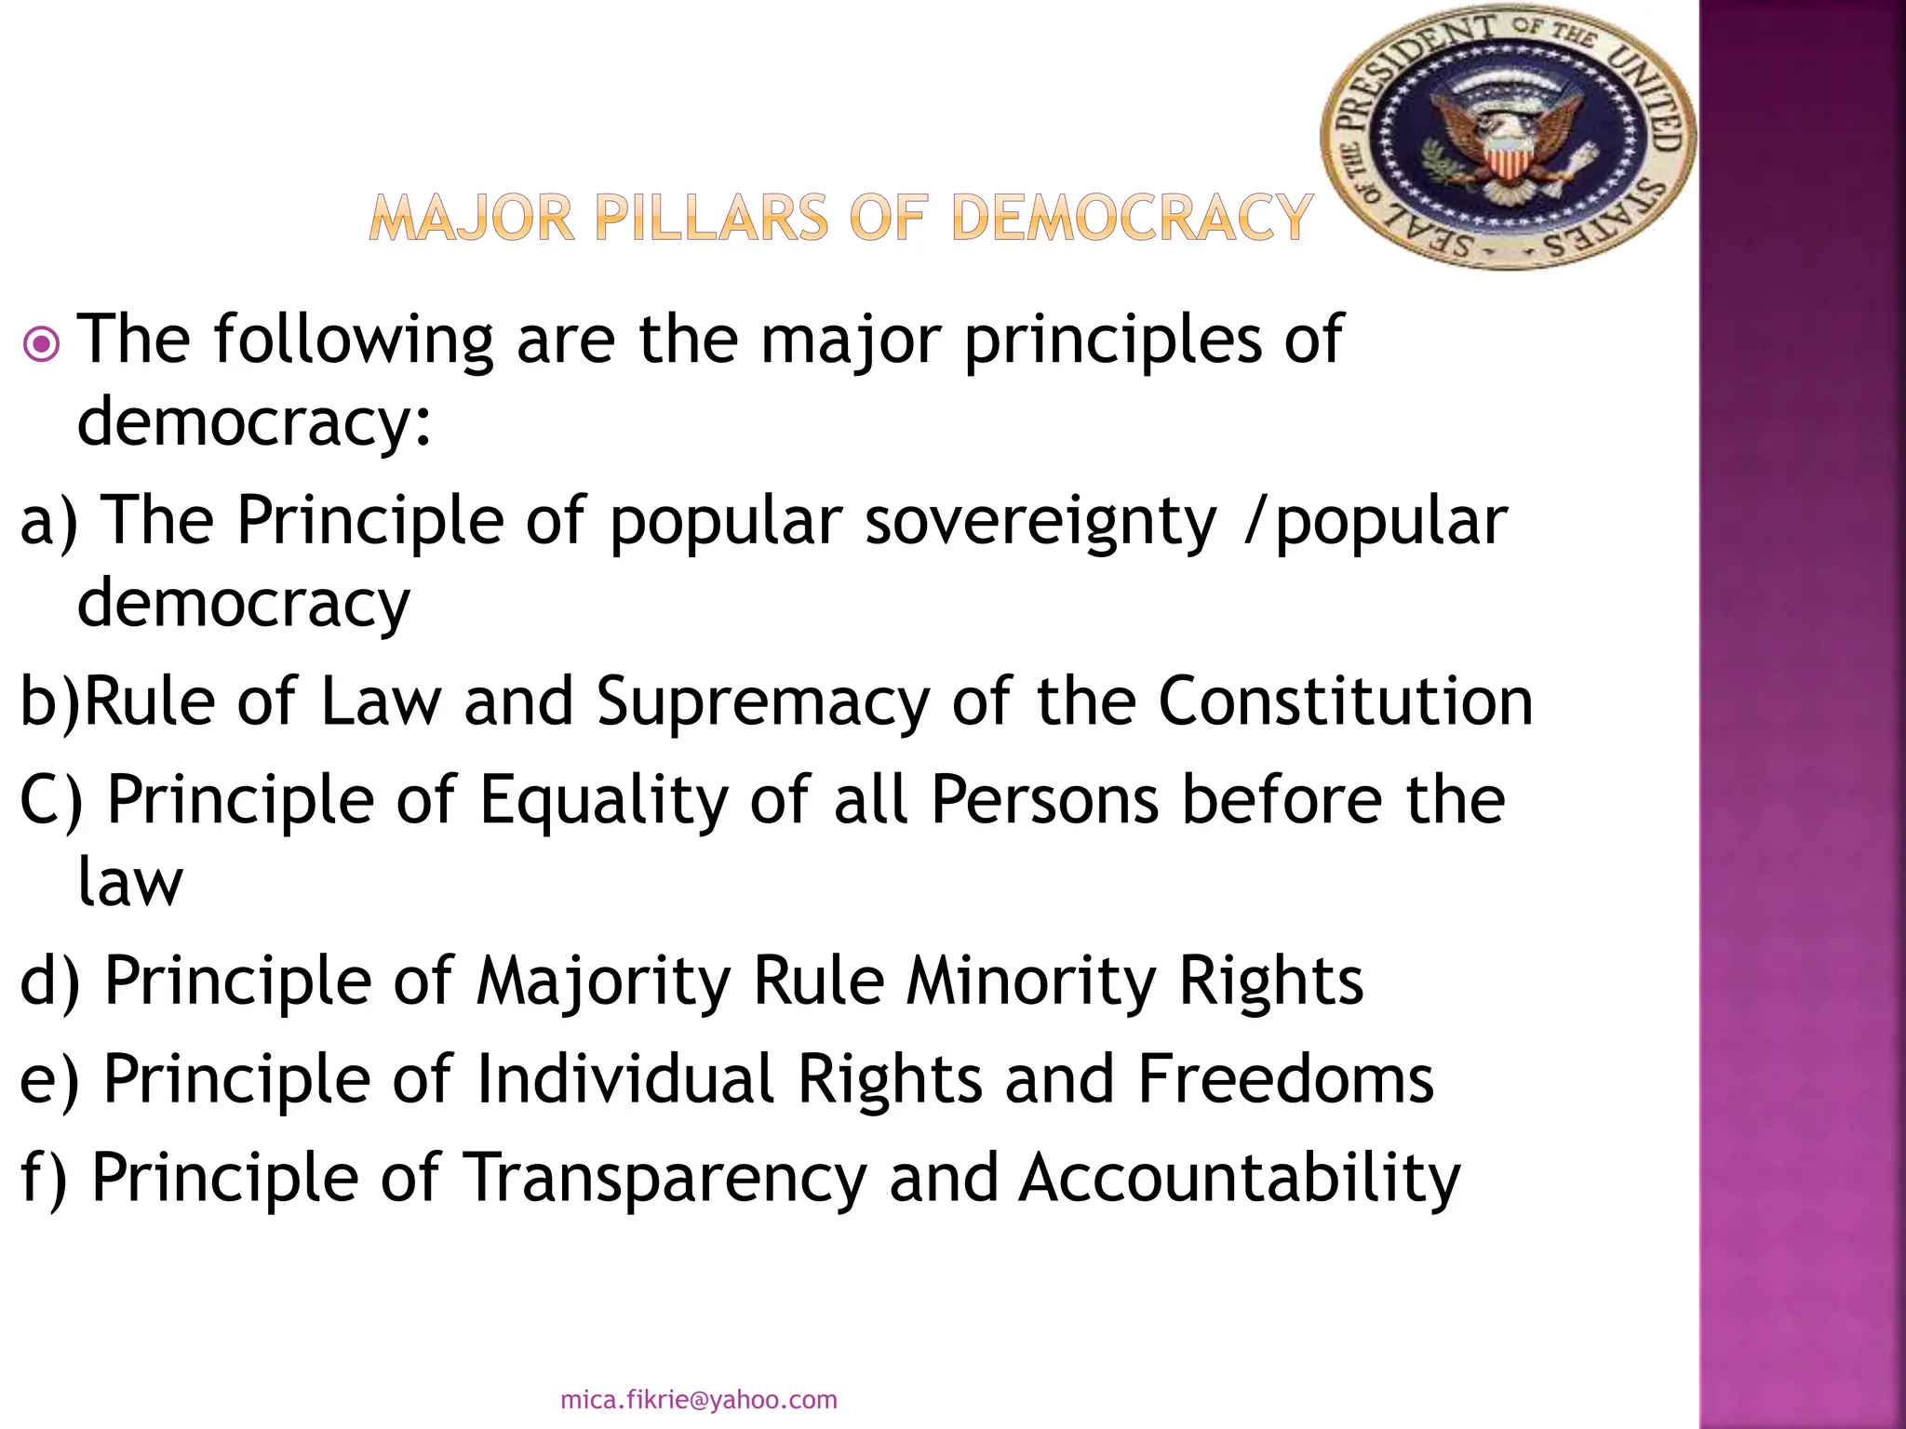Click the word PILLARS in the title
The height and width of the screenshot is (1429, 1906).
click(711, 220)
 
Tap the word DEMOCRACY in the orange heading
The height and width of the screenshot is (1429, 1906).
click(1132, 220)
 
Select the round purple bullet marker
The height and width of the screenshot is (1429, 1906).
click(41, 346)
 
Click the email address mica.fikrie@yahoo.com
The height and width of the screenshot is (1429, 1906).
click(699, 1399)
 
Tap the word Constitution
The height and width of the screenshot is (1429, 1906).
click(1345, 701)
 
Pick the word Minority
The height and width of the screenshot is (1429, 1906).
click(1030, 982)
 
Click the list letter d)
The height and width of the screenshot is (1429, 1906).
click(50, 982)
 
